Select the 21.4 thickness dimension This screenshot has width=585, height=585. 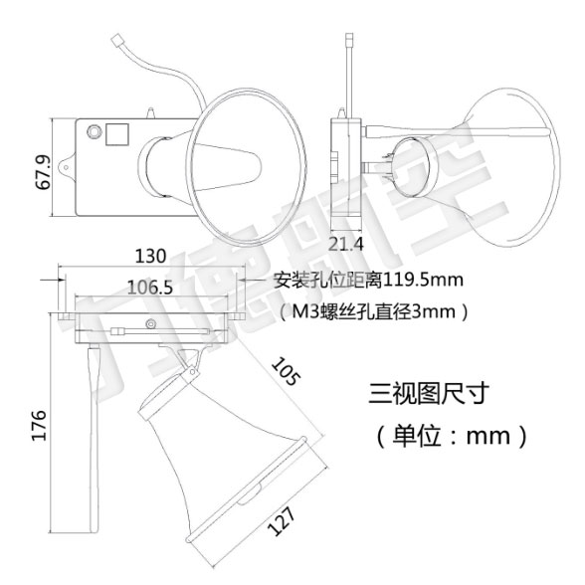(x=345, y=245)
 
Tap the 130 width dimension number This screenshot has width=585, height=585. (x=150, y=257)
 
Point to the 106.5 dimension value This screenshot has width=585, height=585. (x=150, y=288)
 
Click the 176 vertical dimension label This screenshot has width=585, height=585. (x=39, y=426)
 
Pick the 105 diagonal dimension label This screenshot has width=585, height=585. (x=286, y=371)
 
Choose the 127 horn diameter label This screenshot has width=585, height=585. (x=281, y=521)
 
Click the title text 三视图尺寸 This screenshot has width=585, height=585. (x=429, y=393)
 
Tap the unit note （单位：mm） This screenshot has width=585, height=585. (x=452, y=436)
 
